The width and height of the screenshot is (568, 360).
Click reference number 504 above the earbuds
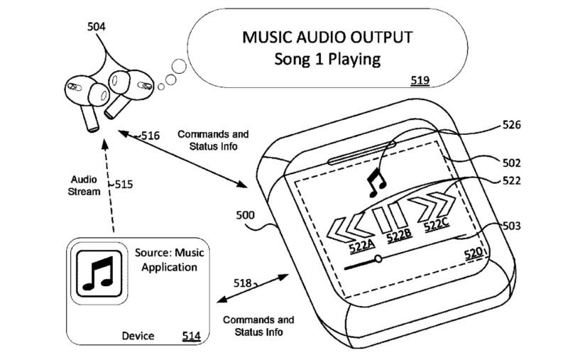point(97,27)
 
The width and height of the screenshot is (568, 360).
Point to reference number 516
point(149,135)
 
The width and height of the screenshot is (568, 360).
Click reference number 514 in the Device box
point(191,336)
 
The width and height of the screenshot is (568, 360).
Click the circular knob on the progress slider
point(378,258)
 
